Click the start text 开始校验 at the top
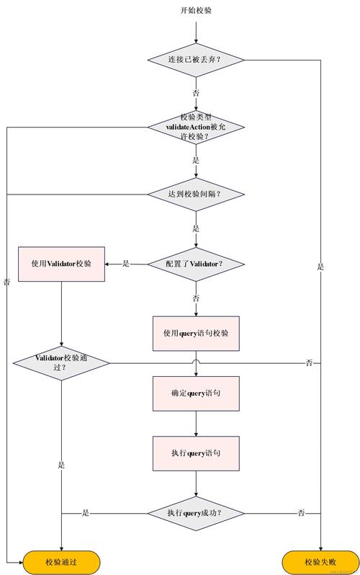(196, 10)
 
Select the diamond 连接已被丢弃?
(196, 59)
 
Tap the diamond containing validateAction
(196, 126)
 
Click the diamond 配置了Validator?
(196, 263)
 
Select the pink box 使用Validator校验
(62, 263)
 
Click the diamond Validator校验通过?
(62, 362)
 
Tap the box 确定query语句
(196, 393)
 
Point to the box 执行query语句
(196, 453)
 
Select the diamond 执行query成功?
(196, 513)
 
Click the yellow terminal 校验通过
(62, 561)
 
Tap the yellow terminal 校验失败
(320, 561)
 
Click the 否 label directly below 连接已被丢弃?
(196, 93)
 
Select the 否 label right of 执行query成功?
(301, 513)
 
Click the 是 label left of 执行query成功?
(86, 513)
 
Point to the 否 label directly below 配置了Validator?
(196, 297)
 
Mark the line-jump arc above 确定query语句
(196, 360)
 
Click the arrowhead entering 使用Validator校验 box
(109, 263)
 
